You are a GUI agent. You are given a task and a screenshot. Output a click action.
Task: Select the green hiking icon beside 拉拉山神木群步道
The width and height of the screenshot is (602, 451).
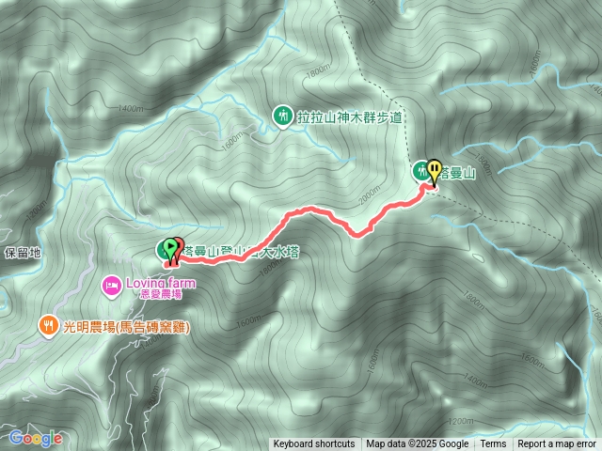coord(281,116)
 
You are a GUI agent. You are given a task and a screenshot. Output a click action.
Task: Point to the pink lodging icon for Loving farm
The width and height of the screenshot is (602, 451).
coord(112,282)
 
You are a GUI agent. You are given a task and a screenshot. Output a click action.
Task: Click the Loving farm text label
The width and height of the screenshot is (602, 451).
coord(157,282)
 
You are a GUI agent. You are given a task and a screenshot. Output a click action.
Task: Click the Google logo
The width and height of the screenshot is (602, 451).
coord(36,438)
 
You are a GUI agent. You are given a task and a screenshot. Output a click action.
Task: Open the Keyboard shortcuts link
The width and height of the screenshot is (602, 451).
coord(314,444)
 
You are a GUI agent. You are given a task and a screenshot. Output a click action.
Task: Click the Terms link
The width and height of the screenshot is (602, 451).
coord(493,444)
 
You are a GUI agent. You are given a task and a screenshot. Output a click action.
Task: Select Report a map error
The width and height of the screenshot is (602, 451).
coord(557,444)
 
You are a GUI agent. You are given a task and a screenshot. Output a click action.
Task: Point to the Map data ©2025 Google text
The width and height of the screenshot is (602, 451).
coord(418,444)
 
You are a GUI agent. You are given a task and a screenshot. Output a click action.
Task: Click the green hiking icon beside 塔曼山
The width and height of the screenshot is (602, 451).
coord(419,170)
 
